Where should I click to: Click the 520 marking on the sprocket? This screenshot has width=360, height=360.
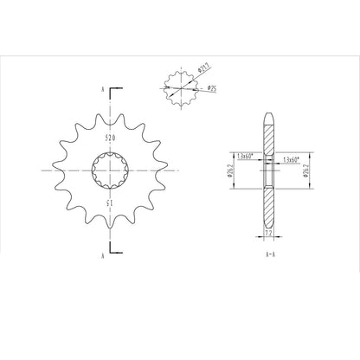pos(110,138)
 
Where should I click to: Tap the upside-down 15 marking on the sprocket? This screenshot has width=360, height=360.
pos(110,203)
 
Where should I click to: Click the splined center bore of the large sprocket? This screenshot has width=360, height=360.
pos(110,170)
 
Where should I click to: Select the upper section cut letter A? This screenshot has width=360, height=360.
pos(103,89)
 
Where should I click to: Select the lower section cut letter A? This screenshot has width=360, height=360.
pos(103,256)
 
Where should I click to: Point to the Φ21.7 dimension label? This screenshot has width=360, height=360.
pos(205,66)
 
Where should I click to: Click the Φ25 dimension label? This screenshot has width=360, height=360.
pos(211,87)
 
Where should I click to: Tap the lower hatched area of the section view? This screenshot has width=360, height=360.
pos(268,208)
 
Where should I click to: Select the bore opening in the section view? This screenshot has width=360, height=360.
pos(268,170)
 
